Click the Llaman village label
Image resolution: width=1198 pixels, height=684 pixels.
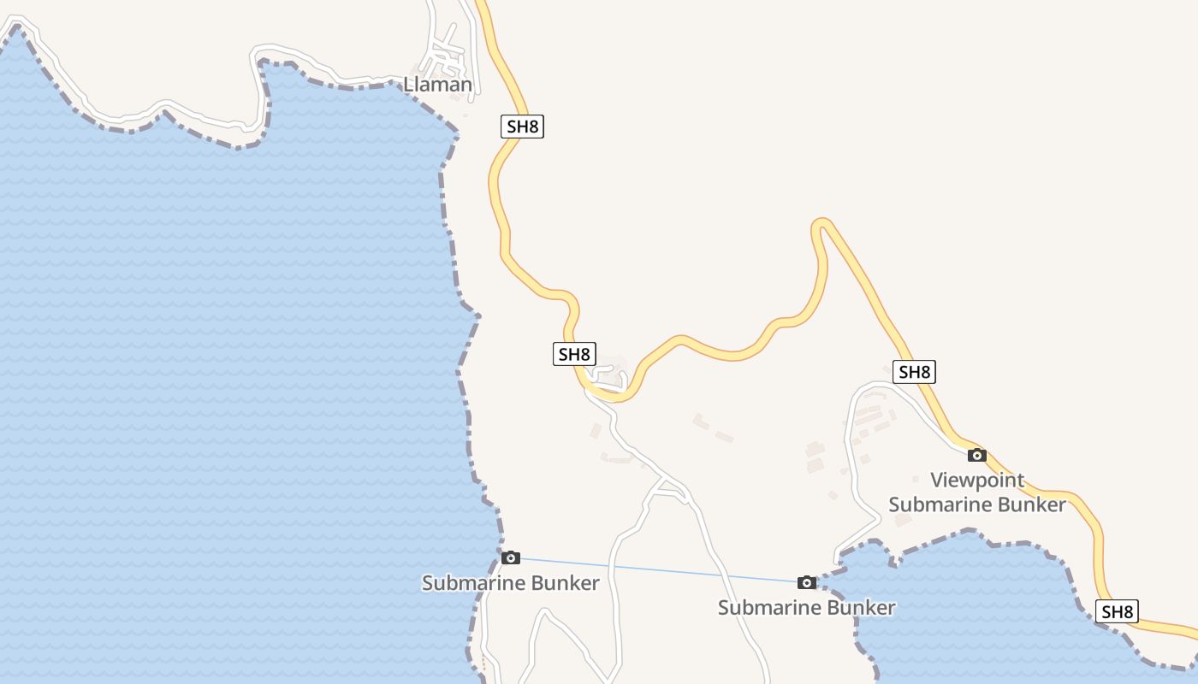437,85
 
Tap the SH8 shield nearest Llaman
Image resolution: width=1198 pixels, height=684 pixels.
522,127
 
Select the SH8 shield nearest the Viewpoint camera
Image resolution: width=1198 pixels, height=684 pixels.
914,372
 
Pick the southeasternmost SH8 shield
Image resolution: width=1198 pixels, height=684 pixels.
1117,611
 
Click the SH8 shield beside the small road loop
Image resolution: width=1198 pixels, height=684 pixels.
573,354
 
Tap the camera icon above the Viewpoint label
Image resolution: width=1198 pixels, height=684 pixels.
976,455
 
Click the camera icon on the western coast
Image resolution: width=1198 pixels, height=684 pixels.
511,557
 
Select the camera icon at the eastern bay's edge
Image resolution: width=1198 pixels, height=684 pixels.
806,582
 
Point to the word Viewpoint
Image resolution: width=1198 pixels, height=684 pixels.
977,480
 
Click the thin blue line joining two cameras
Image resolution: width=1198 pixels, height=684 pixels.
659,570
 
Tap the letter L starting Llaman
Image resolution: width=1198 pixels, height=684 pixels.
408,85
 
